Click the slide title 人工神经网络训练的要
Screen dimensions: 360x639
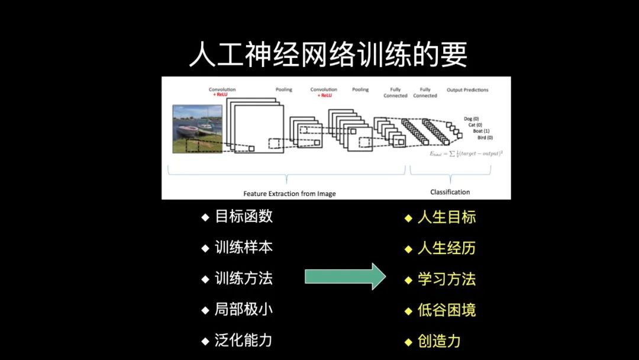(x=328, y=55)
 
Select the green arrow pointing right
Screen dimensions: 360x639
(x=345, y=277)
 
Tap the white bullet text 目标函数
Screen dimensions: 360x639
(x=244, y=216)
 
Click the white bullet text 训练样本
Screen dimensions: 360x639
(x=244, y=247)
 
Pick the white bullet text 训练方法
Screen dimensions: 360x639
(x=244, y=278)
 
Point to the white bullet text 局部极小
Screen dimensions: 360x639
(x=244, y=310)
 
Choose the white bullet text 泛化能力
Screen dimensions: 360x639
(x=244, y=340)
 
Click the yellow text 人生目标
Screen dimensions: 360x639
(x=447, y=217)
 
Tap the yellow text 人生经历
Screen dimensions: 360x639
(x=447, y=248)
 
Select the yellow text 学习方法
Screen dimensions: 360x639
(x=447, y=279)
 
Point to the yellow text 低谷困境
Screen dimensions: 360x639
(x=447, y=310)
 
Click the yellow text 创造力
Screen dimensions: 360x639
(x=439, y=341)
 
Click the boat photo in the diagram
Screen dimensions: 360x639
(x=197, y=128)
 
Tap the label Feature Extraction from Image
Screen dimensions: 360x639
(x=289, y=194)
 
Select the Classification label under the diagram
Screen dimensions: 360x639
(x=450, y=192)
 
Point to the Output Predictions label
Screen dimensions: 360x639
(x=467, y=90)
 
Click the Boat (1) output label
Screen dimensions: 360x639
(x=481, y=131)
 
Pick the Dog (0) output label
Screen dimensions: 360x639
(x=472, y=118)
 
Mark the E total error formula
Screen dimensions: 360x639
(x=466, y=153)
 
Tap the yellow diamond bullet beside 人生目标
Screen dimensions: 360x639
(x=408, y=218)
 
